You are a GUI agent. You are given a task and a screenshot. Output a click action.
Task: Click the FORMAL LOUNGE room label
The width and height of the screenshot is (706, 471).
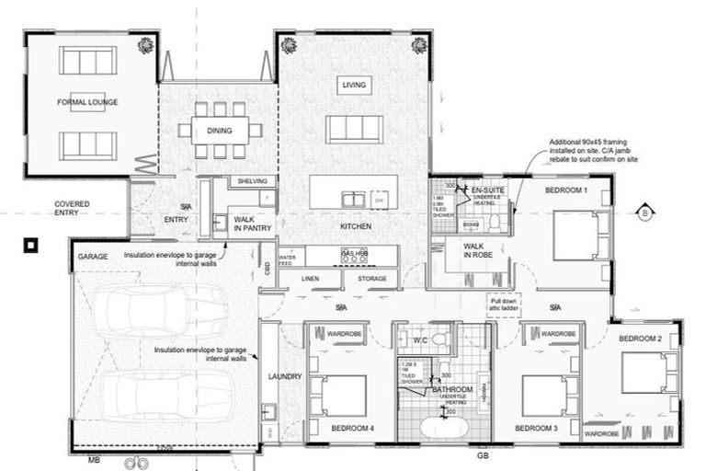point(87,102)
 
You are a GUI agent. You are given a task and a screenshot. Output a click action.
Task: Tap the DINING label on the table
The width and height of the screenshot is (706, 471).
point(219,131)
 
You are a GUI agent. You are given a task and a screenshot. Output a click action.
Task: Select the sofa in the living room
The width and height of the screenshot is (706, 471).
point(354,129)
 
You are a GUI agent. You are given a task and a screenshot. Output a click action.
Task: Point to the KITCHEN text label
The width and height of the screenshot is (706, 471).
point(355,226)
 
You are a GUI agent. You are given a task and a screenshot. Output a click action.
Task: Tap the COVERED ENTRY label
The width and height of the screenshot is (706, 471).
point(71,208)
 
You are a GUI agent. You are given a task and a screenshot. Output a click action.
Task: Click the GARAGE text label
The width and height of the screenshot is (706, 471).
point(93,258)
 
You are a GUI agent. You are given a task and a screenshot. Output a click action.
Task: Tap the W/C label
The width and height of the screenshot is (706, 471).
point(420,341)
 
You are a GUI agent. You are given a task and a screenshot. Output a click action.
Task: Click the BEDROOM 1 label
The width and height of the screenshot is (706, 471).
point(565,190)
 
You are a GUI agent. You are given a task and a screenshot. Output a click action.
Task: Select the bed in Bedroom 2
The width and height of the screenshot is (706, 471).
point(650,373)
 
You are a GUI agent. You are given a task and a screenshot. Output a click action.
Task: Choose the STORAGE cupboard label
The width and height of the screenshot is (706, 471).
point(371,278)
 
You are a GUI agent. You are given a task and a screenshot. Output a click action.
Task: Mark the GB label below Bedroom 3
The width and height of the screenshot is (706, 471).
point(482,454)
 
